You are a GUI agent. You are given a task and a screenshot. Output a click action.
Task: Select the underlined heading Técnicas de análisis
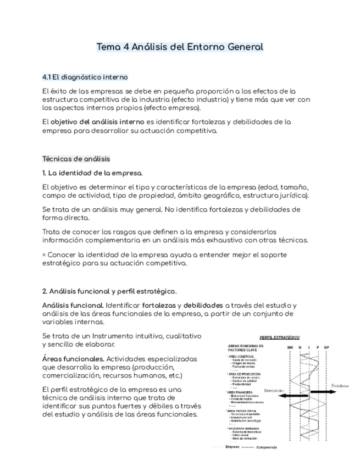coord(76,159)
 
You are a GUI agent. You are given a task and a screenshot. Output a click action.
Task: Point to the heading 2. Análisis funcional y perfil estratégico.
coord(109,291)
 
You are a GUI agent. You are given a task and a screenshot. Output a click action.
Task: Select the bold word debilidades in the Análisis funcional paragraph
coord(203,305)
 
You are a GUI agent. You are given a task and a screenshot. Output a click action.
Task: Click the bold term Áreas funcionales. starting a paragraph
coord(72,358)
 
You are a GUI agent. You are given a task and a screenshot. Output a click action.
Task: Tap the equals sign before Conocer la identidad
coord(44,254)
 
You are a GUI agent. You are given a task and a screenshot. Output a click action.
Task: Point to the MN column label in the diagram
coord(290,347)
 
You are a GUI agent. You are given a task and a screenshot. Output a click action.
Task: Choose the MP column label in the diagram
coord(326,347)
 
